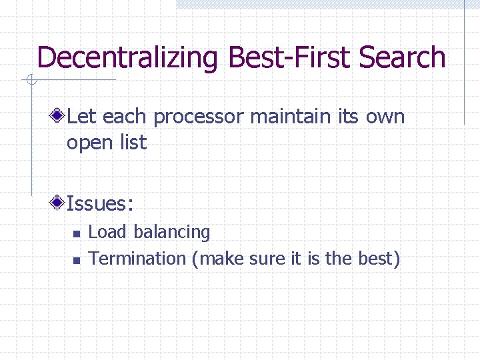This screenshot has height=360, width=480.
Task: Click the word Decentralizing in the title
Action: [127, 58]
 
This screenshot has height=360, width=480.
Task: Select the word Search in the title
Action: [403, 57]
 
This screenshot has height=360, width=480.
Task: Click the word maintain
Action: [293, 117]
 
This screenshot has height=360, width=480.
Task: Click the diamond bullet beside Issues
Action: [59, 202]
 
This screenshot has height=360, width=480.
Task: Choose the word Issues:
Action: [105, 202]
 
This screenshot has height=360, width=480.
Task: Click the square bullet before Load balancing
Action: [76, 234]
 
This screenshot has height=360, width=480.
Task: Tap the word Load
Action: [107, 232]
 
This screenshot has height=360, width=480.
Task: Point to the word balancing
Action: [171, 233]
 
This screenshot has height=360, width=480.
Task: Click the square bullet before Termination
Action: [76, 260]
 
